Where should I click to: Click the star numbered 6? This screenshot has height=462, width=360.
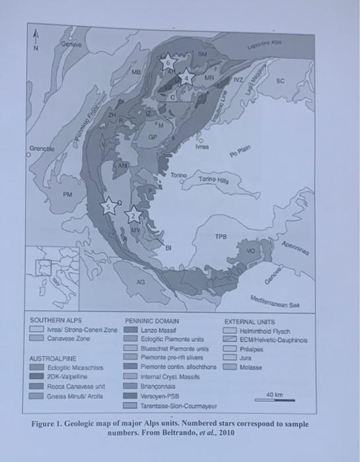[x=168, y=63]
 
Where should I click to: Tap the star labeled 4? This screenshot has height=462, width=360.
[x=187, y=76]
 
